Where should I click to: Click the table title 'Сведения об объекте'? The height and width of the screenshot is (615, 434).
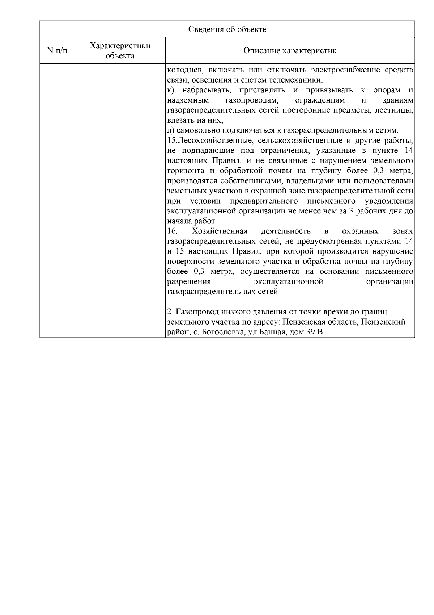point(227,29)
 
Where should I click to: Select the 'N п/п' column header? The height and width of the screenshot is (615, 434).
point(57,51)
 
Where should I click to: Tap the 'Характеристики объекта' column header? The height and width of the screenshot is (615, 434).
point(120,51)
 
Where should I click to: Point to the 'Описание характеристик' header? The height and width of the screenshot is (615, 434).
point(290,51)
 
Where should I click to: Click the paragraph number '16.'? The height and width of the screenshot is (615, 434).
point(173,231)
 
